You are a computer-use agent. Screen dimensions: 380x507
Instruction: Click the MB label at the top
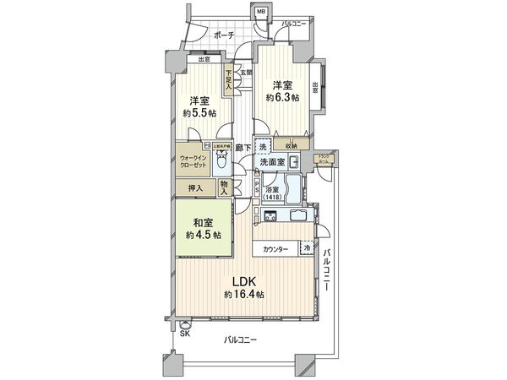(x=261, y=11)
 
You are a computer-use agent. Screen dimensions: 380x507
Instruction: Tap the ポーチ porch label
(x=224, y=35)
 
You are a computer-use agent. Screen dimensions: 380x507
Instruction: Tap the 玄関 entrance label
(x=246, y=73)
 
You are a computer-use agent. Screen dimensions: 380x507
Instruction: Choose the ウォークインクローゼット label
(x=194, y=160)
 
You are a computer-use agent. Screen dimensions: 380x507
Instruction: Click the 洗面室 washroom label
(x=271, y=160)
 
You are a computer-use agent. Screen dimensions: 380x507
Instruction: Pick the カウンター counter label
(x=275, y=250)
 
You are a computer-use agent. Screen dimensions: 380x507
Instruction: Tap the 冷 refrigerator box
(x=307, y=250)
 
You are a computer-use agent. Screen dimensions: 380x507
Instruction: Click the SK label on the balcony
(x=184, y=334)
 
